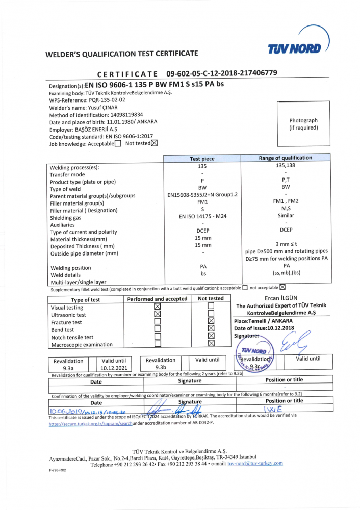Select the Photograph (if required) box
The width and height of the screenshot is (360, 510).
pyautogui.click(x=303, y=124)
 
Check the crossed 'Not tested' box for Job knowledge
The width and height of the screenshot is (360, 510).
pyautogui.click(x=155, y=143)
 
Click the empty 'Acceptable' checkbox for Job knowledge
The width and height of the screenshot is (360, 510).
pyautogui.click(x=118, y=144)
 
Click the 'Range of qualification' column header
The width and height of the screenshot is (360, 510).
pyautogui.click(x=285, y=158)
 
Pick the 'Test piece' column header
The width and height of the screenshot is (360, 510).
pyautogui.click(x=202, y=159)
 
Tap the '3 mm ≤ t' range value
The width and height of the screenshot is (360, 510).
pyautogui.click(x=286, y=244)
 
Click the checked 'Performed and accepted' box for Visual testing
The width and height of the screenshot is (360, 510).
pyautogui.click(x=157, y=307)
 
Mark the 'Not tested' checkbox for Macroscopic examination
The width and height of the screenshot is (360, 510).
pyautogui.click(x=211, y=344)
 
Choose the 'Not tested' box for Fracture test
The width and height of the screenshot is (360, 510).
pyautogui.click(x=211, y=321)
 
